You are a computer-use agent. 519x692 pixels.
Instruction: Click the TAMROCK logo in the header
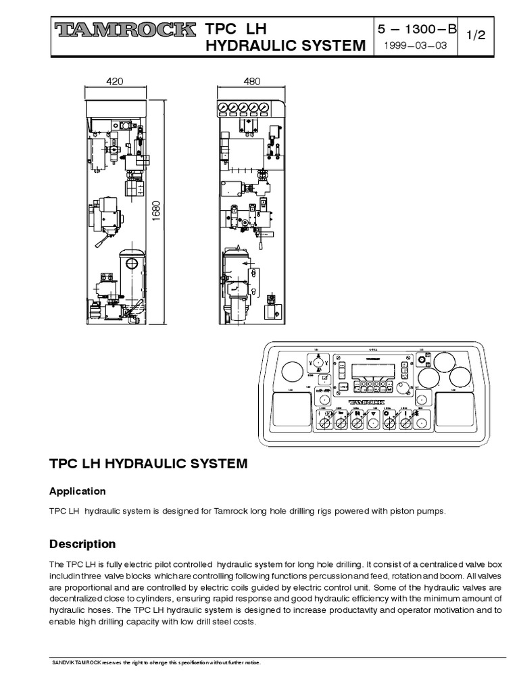coord(124,30)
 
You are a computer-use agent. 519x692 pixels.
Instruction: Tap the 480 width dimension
coord(251,81)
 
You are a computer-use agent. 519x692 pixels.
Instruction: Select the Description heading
coord(83,544)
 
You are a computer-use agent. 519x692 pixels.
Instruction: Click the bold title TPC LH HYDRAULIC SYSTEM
coord(149,465)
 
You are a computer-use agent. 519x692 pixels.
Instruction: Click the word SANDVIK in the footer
coord(66,662)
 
